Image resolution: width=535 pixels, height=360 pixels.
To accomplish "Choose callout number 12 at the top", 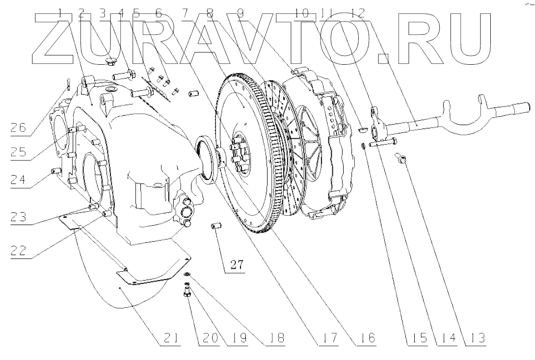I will (x=359, y=14).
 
